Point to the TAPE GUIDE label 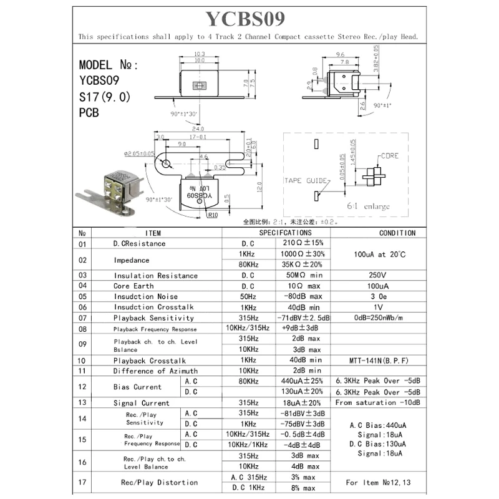(305, 180)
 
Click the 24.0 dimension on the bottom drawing (199, 130)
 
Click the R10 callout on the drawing (213, 215)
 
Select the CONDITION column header (397, 233)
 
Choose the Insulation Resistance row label (155, 275)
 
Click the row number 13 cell (81, 403)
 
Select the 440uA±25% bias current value (303, 381)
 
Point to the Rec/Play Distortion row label (159, 482)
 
